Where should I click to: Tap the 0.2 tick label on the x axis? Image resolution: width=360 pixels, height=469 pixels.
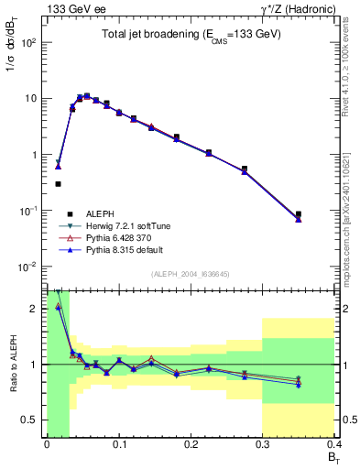pos(191,445)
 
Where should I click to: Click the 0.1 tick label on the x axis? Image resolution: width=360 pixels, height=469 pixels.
pos(118,445)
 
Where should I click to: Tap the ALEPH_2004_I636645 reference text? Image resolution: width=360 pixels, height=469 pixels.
pos(191,273)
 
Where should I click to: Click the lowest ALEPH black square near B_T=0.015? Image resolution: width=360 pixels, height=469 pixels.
pos(58,184)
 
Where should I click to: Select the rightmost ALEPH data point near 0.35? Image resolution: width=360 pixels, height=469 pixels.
pos(299,214)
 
